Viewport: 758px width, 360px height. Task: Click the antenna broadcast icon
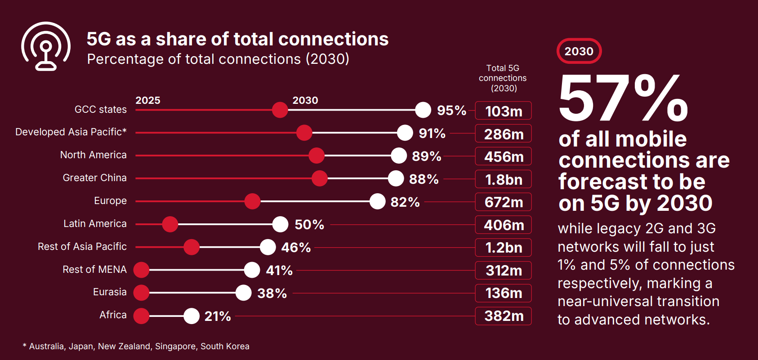(45, 46)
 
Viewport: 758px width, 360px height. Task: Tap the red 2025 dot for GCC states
(280, 110)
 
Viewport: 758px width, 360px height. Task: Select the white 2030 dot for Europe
(377, 201)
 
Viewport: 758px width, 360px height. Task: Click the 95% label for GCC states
(451, 110)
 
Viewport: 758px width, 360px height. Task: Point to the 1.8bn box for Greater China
(503, 179)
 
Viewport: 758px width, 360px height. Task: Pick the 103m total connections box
(503, 111)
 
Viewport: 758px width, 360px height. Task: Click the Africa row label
(113, 315)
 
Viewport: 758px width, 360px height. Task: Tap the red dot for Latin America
(170, 224)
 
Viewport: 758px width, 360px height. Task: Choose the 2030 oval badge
(579, 51)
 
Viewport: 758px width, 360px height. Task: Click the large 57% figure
(623, 98)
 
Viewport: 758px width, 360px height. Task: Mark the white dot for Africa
(192, 316)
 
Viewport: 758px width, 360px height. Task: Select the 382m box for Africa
(503, 316)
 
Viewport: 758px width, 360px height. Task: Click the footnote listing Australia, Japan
(136, 347)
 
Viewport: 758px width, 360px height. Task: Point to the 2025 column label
(148, 100)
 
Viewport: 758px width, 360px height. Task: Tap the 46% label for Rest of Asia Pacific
(296, 247)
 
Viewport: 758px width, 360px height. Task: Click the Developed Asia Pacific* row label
(71, 132)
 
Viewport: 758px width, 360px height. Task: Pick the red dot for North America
(317, 156)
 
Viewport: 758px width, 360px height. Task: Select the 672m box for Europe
(503, 202)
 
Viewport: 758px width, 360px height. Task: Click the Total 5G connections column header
(503, 78)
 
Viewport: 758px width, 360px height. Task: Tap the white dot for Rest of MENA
(252, 270)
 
